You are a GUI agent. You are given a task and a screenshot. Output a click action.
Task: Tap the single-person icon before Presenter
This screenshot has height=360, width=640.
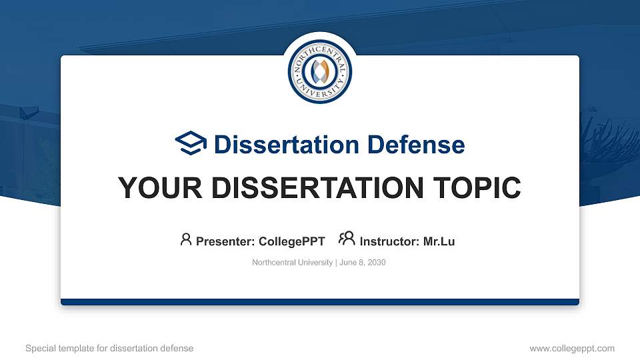tap(186, 239)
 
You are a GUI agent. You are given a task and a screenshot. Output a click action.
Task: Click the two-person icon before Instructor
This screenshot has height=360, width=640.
tap(347, 239)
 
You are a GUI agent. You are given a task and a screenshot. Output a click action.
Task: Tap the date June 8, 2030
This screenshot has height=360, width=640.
tap(363, 263)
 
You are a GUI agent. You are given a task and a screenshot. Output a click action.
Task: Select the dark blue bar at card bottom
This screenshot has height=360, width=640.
tap(320, 302)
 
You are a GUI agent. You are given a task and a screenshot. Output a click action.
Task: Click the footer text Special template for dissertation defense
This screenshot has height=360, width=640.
tap(109, 348)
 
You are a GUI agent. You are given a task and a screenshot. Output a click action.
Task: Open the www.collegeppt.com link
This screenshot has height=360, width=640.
tap(572, 348)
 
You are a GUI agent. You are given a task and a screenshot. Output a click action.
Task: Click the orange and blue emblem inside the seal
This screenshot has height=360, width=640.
tap(320, 71)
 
